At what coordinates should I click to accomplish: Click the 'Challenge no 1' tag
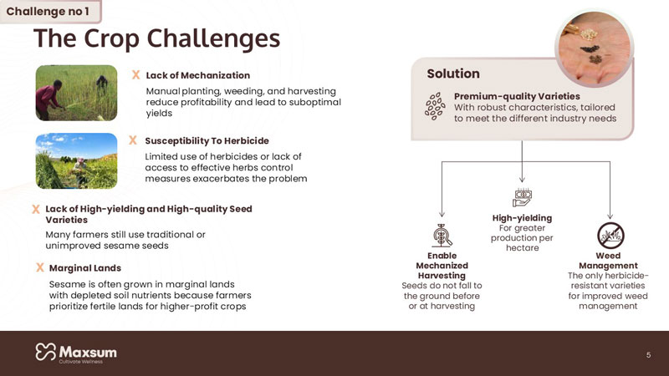(50, 12)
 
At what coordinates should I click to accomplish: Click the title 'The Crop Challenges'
(156, 38)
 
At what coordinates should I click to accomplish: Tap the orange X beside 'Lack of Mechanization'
(135, 75)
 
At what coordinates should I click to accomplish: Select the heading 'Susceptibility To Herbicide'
(207, 140)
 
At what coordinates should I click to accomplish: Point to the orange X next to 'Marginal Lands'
(39, 267)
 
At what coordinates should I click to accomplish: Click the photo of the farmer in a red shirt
(76, 93)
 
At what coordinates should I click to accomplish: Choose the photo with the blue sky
(76, 160)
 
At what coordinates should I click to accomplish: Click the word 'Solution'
(453, 74)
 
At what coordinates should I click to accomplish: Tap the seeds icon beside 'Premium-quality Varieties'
(435, 107)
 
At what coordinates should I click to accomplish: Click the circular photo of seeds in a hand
(594, 48)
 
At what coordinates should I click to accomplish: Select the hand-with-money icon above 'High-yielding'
(522, 197)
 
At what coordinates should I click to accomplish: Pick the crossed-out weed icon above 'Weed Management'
(610, 236)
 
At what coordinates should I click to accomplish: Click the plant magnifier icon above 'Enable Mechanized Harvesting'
(442, 236)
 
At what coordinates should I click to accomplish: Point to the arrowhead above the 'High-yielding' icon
(522, 180)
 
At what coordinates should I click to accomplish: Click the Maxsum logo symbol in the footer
(46, 352)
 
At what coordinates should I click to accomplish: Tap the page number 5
(648, 354)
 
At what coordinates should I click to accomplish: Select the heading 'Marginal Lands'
(85, 267)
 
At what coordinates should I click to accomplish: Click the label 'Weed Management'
(608, 261)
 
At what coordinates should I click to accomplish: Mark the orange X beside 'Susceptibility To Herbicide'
(133, 140)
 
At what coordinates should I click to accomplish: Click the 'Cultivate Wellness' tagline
(80, 362)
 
